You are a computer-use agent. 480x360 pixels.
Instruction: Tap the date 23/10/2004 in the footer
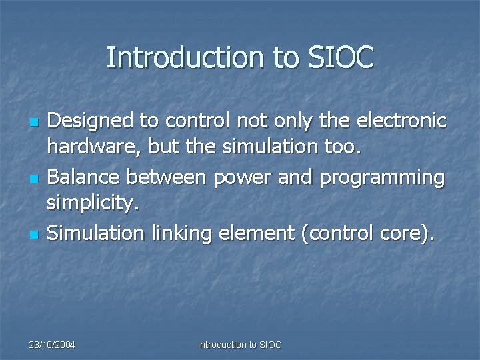[52, 345]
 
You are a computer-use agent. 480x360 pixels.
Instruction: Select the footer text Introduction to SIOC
[240, 345]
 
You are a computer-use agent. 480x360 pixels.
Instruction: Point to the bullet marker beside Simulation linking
[34, 235]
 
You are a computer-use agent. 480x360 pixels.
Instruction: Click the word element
[258, 233]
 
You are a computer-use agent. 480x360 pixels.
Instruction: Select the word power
[237, 178]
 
